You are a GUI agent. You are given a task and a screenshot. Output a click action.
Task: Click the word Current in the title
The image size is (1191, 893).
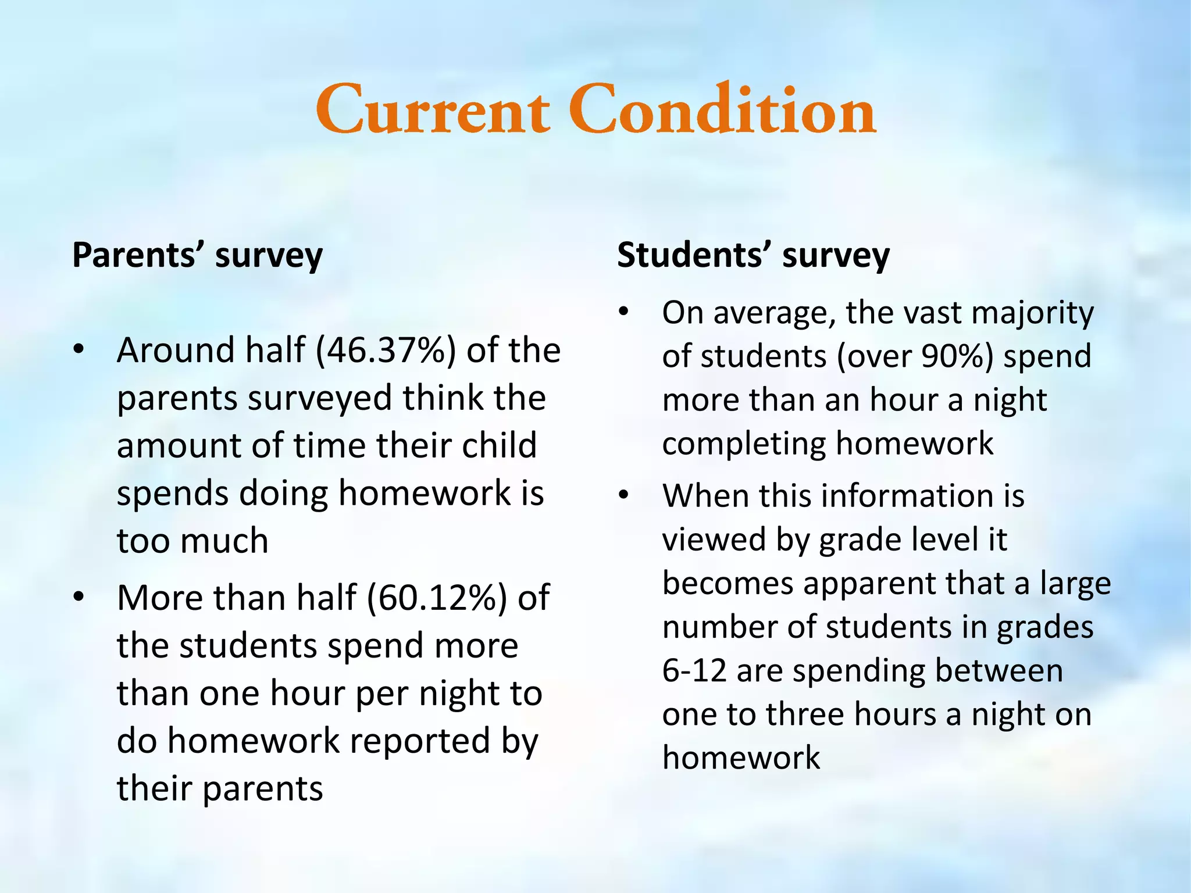click(x=433, y=110)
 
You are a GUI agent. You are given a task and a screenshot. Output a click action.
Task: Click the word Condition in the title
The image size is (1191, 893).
click(x=722, y=110)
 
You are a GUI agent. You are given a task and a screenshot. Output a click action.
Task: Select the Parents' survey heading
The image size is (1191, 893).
click(x=197, y=255)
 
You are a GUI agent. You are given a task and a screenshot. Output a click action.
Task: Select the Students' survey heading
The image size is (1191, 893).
click(x=753, y=255)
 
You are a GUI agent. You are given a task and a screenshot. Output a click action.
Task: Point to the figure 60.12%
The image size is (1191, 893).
click(x=437, y=598)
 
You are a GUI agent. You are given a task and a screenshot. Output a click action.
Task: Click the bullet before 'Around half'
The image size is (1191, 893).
click(x=79, y=350)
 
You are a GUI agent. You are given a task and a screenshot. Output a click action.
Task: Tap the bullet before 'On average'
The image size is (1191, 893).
click(x=624, y=312)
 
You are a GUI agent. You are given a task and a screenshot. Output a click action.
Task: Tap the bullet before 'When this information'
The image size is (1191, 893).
click(x=624, y=495)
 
